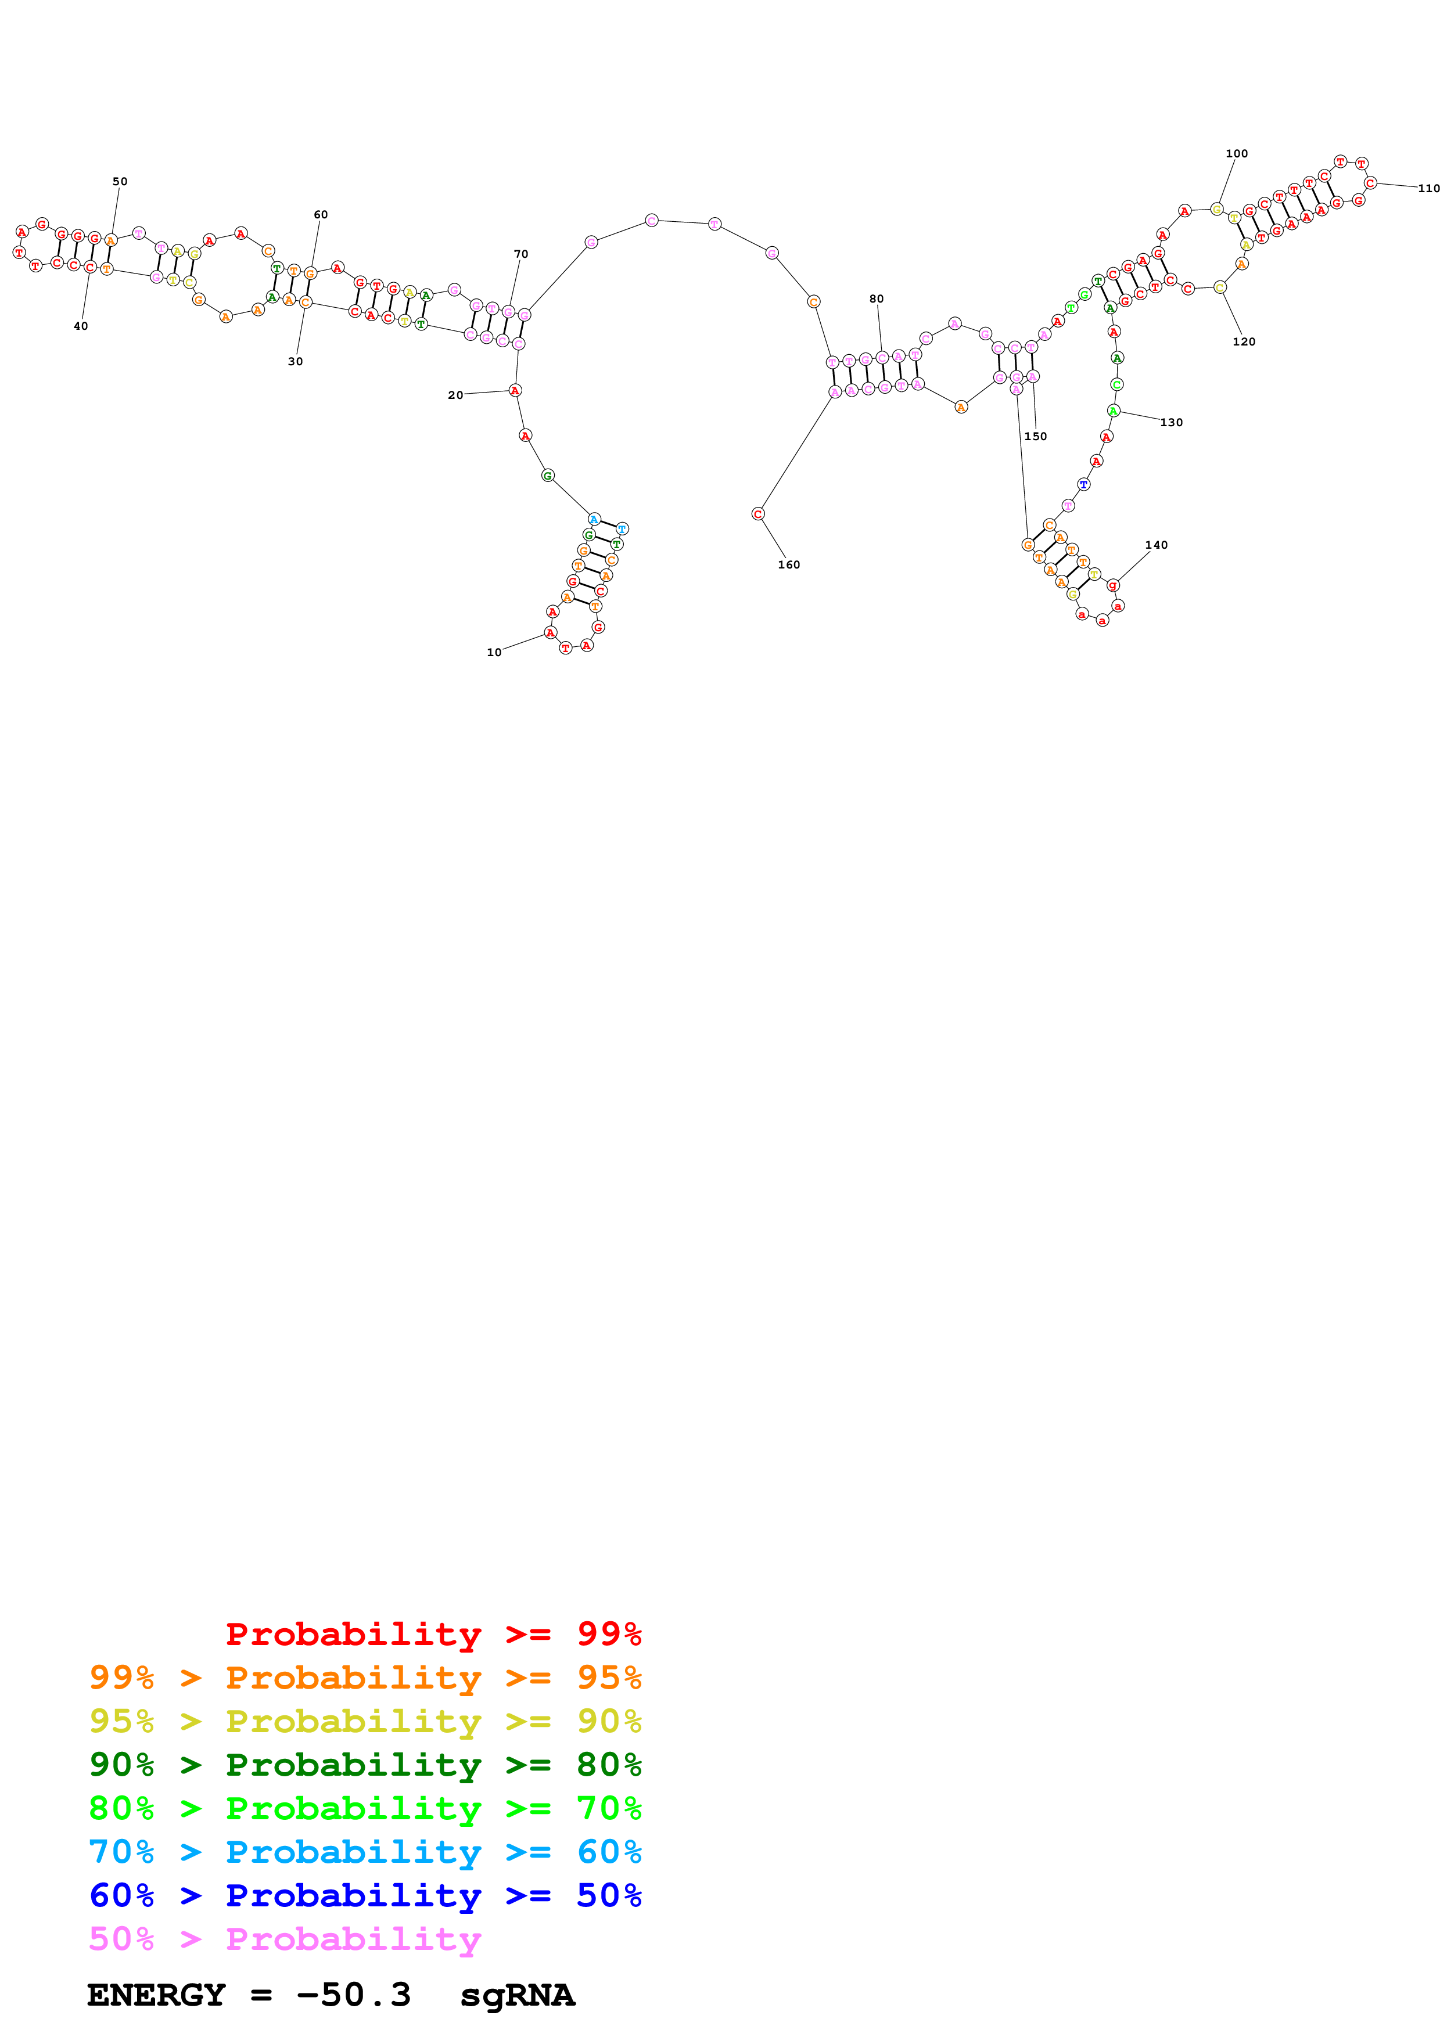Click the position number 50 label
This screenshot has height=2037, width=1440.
tap(120, 182)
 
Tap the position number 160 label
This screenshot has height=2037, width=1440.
tap(789, 565)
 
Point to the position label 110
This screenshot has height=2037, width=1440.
tap(1428, 189)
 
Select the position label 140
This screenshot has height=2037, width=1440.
tap(1156, 546)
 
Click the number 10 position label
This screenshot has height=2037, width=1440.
tap(494, 653)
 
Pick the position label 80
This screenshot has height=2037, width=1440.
tap(877, 299)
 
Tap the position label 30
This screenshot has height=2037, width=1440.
tap(296, 362)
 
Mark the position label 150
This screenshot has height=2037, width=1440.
tap(1035, 437)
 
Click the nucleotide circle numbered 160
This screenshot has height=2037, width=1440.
tap(757, 514)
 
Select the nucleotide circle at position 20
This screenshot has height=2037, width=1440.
tap(515, 390)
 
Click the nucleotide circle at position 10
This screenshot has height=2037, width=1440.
tap(550, 632)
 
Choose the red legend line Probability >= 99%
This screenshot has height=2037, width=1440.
tap(433, 1633)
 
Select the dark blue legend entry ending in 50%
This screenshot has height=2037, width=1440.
tap(365, 1895)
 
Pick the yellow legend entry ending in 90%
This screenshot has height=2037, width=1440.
tap(365, 1721)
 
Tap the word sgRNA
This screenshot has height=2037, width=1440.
tap(517, 1995)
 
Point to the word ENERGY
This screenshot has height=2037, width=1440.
tap(156, 1995)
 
